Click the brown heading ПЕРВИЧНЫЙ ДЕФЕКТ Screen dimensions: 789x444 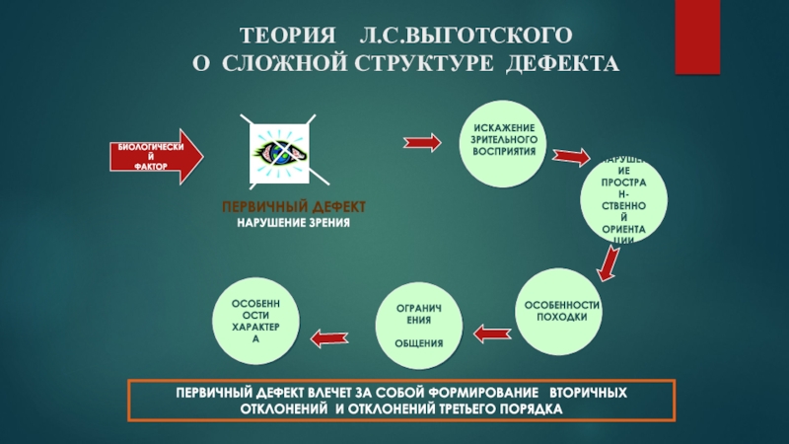coord(293,207)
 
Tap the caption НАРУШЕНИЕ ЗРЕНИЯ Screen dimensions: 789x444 coord(293,223)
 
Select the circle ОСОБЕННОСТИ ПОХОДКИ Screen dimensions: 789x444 coord(562,311)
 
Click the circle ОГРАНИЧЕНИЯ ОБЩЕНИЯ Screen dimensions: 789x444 coord(419,327)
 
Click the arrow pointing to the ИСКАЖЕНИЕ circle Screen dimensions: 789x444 coord(422,143)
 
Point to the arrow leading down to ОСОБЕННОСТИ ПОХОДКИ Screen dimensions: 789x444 coord(610,263)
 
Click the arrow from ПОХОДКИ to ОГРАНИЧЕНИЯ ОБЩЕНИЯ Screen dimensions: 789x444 coord(493,333)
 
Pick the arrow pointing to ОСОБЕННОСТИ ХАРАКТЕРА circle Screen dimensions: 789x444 coord(328,338)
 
